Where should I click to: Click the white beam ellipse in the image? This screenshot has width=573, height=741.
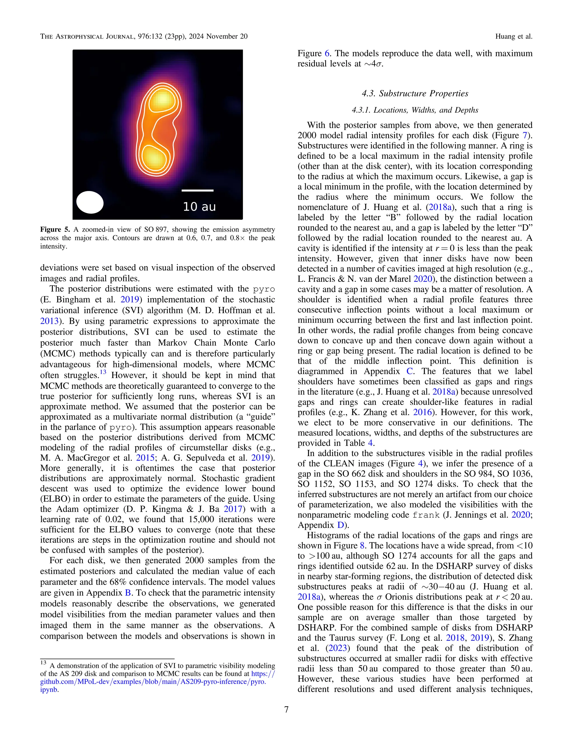click(x=90, y=202)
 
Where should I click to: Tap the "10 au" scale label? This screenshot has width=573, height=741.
click(x=199, y=207)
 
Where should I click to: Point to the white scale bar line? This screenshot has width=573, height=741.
click(x=198, y=190)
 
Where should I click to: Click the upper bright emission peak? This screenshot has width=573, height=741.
click(x=163, y=100)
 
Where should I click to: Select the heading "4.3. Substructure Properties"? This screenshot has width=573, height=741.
click(x=415, y=93)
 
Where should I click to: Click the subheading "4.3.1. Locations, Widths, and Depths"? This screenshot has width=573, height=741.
click(x=415, y=110)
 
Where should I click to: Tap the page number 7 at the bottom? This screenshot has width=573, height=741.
click(x=286, y=709)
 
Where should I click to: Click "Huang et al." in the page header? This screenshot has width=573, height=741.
click(x=514, y=36)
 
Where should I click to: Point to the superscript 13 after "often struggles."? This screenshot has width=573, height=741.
click(x=102, y=372)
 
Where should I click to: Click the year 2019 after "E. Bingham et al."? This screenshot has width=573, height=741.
click(x=130, y=299)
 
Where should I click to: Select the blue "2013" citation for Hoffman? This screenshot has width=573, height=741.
click(x=49, y=321)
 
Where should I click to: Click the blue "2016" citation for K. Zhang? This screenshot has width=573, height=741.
click(x=422, y=412)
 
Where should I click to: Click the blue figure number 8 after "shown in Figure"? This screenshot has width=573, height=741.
click(x=362, y=546)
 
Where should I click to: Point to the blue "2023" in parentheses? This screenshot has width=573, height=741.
click(x=337, y=648)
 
